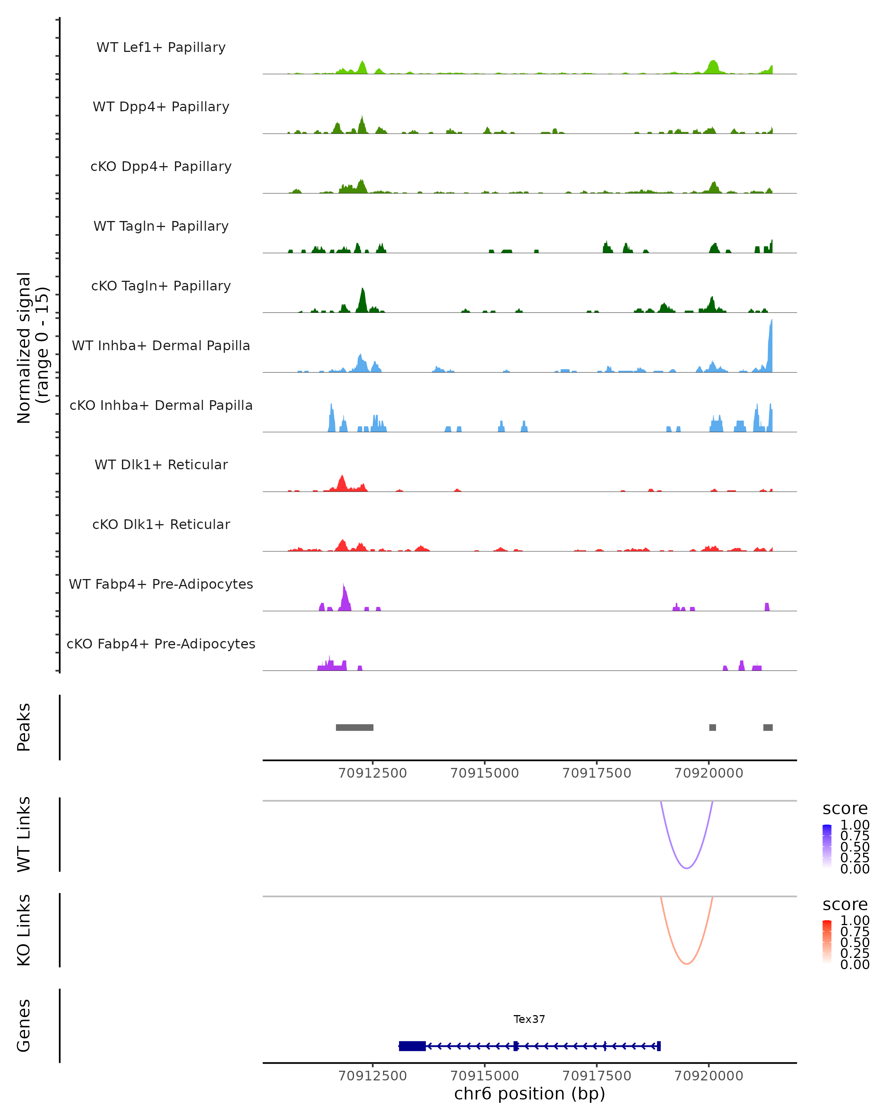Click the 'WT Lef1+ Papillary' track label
(161, 47)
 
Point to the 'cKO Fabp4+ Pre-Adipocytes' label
(161, 644)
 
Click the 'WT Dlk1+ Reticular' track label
(161, 464)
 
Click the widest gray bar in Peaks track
(354, 727)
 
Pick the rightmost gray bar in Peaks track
(768, 727)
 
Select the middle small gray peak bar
(713, 727)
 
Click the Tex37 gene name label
(529, 1019)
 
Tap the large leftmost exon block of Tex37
(413, 1046)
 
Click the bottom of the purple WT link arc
(687, 868)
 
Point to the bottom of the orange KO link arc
(687, 964)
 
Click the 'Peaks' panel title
(24, 727)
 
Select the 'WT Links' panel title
(24, 834)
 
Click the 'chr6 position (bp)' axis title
(529, 1094)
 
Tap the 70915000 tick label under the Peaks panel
(485, 774)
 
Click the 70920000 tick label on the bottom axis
(709, 1076)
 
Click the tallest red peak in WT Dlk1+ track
(342, 483)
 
